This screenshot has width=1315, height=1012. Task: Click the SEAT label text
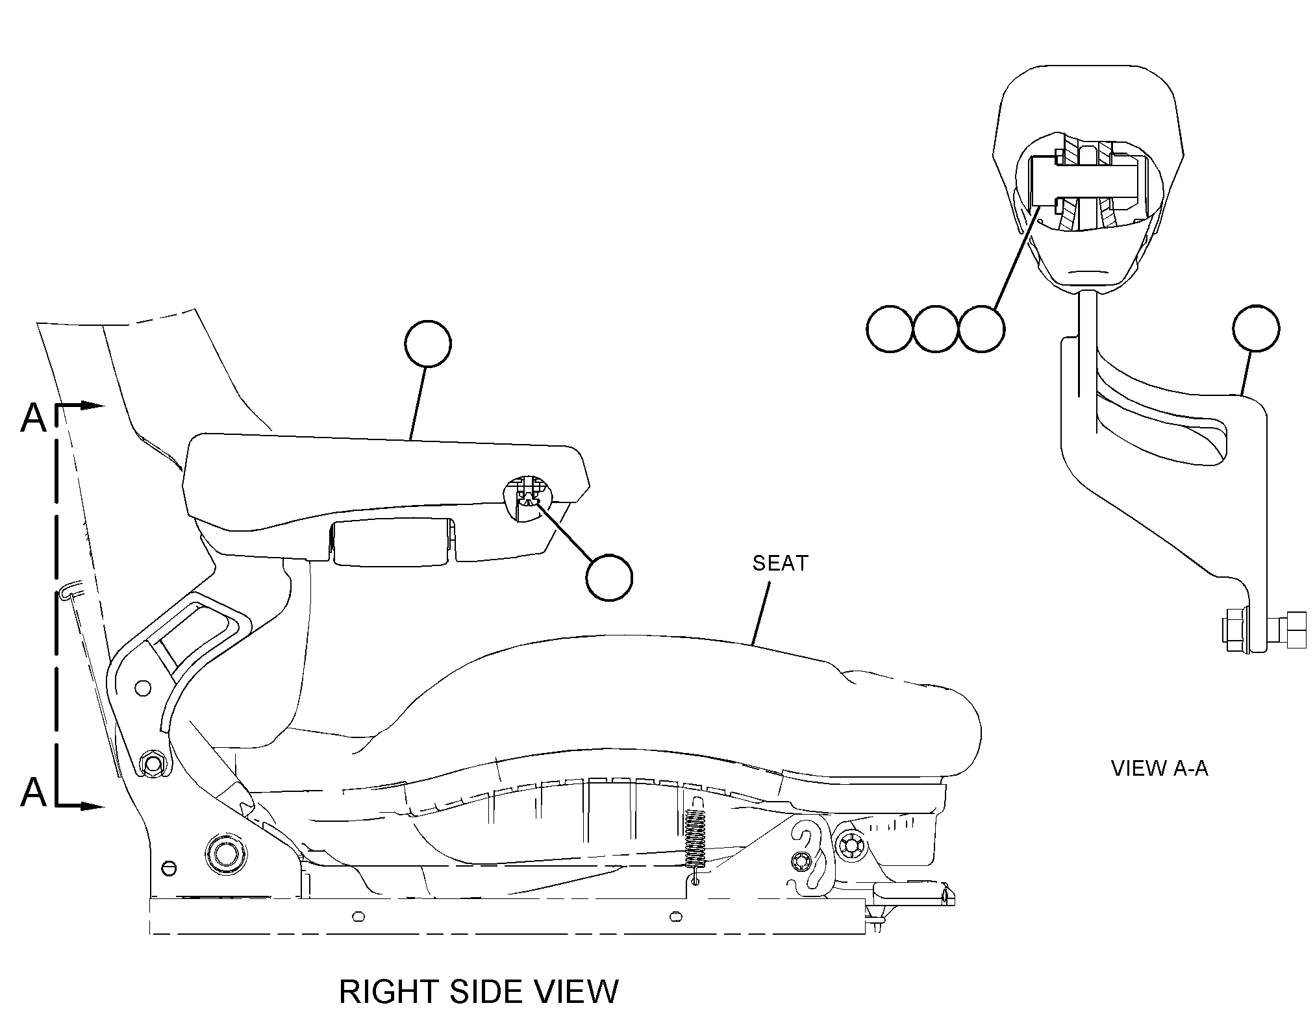tap(780, 563)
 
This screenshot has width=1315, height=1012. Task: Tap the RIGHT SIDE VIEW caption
tap(479, 991)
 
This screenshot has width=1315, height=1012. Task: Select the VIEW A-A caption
tap(1159, 769)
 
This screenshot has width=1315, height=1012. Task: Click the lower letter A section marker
tap(34, 792)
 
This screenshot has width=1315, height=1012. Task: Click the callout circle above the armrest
tap(427, 344)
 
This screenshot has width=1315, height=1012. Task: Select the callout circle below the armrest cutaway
tap(608, 577)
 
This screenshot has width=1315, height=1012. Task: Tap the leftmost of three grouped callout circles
tap(890, 328)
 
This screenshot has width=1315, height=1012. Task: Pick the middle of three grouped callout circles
tap(936, 328)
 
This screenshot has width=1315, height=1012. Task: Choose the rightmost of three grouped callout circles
tap(981, 328)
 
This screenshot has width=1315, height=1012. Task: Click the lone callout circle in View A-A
tap(1256, 328)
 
